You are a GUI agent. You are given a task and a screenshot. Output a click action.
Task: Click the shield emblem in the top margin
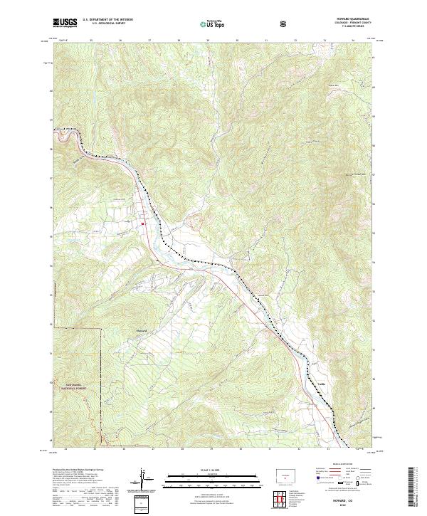[x=285, y=23]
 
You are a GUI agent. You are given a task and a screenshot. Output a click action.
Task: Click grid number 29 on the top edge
[x=207, y=41]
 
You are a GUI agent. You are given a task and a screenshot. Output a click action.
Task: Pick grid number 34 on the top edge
[x=354, y=41]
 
